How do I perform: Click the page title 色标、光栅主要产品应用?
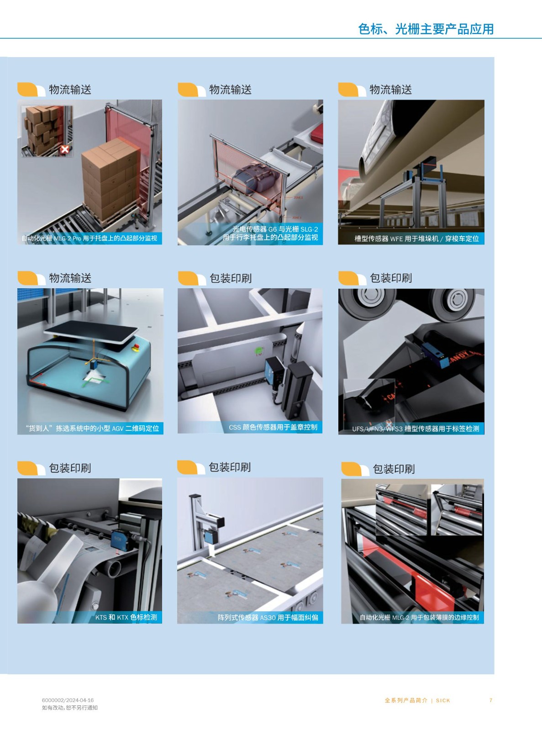pyautogui.click(x=426, y=29)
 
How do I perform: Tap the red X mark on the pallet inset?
pyautogui.click(x=65, y=149)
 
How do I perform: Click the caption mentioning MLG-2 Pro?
pyautogui.click(x=89, y=238)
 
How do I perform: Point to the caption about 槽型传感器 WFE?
pyautogui.click(x=416, y=238)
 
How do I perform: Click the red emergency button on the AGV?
pyautogui.click(x=135, y=346)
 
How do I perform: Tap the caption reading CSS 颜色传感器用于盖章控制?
pyautogui.click(x=273, y=427)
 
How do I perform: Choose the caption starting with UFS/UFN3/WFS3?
pyautogui.click(x=416, y=429)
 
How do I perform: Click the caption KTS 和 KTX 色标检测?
pyautogui.click(x=126, y=617)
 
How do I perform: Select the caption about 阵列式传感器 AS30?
pyautogui.click(x=268, y=617)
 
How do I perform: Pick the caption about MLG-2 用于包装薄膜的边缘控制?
pyautogui.click(x=419, y=617)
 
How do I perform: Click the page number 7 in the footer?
pyautogui.click(x=490, y=700)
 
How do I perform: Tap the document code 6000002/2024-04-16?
pyautogui.click(x=68, y=700)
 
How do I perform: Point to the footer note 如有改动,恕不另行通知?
pyautogui.click(x=69, y=708)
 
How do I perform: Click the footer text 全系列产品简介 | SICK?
pyautogui.click(x=417, y=700)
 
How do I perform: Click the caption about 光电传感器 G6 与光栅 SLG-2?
pyautogui.click(x=270, y=233)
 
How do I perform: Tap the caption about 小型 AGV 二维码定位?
pyautogui.click(x=92, y=428)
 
